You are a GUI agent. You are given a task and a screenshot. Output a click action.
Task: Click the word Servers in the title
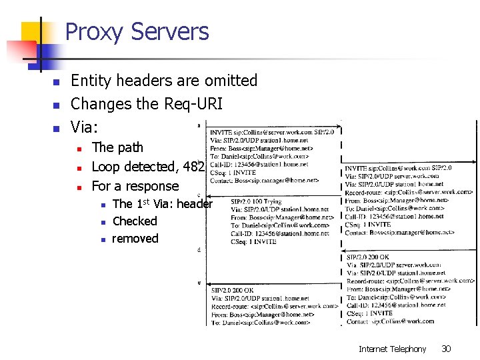170,32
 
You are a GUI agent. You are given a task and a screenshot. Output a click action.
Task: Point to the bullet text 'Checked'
135,221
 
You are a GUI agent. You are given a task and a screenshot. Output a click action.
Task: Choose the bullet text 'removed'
135,239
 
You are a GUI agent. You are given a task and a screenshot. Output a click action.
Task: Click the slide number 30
446,349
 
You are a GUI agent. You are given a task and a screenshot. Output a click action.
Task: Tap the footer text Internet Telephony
392,349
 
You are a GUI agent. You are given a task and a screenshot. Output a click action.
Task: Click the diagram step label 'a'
199,125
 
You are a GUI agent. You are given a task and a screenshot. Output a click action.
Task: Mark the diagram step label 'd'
199,249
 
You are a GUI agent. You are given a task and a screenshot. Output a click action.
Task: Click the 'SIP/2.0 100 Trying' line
256,201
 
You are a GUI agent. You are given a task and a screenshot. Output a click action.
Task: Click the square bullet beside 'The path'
78,148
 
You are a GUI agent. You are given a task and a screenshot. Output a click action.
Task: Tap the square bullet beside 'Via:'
57,128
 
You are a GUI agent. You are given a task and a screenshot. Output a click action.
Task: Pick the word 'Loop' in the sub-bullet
106,167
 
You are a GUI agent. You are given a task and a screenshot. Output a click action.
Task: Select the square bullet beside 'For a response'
78,187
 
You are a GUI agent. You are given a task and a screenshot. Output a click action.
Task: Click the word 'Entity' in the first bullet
90,81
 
